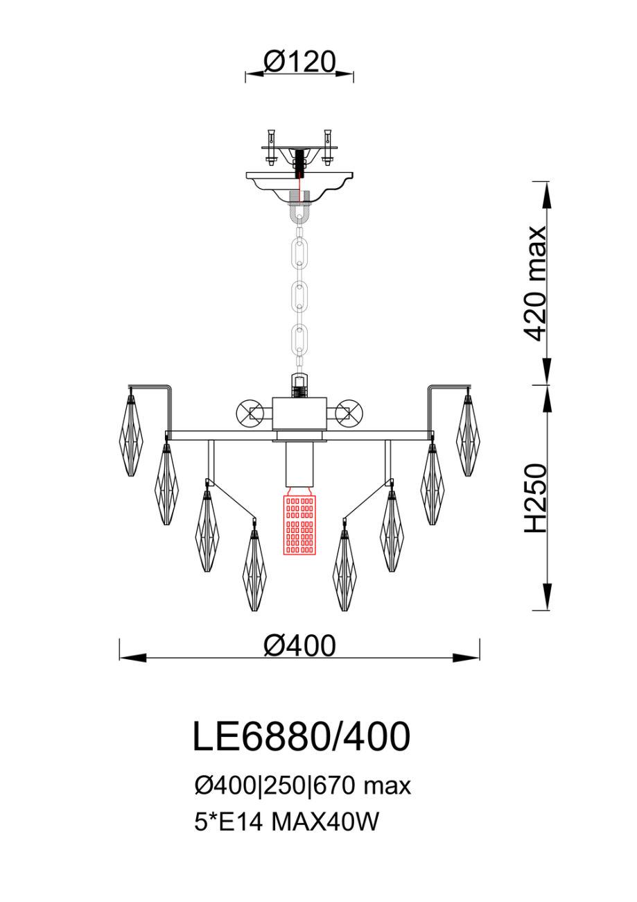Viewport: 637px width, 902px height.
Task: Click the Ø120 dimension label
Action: point(299,62)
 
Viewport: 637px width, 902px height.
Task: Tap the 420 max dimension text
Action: point(535,283)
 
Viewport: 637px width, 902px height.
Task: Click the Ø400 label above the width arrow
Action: point(299,645)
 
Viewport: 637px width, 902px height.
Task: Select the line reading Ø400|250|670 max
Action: point(302,785)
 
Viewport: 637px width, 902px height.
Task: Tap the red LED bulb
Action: point(299,525)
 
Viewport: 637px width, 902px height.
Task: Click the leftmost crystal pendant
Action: point(131,435)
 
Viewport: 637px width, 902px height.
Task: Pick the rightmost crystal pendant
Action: point(468,435)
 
